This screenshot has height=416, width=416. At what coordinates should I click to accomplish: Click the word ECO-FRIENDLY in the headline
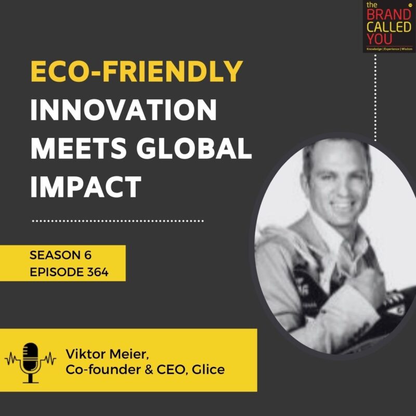coord(137,71)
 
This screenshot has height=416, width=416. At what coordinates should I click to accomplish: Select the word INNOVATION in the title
coord(124,110)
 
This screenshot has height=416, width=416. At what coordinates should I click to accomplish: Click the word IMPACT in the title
coord(86,187)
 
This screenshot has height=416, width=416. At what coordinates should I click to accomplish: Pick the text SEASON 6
coord(60,255)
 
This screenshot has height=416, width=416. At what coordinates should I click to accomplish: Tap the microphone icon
coord(30,362)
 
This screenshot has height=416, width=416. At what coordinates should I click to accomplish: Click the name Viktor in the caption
coord(85,354)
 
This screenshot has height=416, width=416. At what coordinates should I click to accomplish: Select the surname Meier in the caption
coord(128,355)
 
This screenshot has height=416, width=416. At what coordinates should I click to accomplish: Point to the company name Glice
coord(209,369)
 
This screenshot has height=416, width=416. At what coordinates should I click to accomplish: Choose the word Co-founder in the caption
coord(103,369)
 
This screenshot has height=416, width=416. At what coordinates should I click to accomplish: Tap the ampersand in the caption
coord(149,370)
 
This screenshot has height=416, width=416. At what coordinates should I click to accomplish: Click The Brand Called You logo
coord(389,27)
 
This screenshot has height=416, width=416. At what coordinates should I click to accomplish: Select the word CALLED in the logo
coord(389,27)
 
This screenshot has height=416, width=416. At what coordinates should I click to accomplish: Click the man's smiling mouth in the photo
coord(342,205)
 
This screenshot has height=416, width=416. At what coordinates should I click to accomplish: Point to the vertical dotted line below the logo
coord(375,98)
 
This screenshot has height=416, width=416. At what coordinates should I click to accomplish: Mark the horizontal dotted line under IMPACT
coord(118,220)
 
